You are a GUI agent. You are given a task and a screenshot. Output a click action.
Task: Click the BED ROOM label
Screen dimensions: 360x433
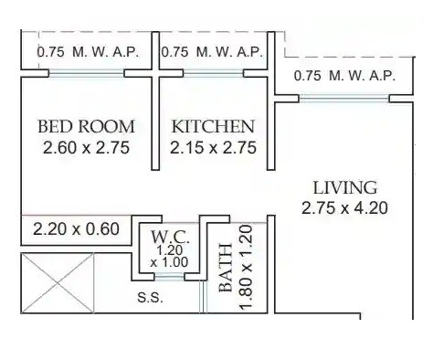pos(86,126)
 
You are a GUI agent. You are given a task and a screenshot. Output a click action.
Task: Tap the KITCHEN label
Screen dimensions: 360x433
pos(213,126)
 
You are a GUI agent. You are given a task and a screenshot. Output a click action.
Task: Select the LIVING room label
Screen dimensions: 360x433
pos(344,187)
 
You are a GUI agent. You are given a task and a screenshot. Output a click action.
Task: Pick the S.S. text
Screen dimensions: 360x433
pos(150,297)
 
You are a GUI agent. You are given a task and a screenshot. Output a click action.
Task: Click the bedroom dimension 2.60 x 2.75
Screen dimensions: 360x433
pos(86,147)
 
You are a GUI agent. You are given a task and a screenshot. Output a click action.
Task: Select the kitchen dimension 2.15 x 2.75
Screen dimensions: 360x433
pos(213,147)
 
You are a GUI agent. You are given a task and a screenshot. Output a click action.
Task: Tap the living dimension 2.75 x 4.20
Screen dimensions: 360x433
pos(344,208)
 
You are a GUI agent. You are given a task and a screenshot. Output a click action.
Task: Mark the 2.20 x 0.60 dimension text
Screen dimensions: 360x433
pos(76,228)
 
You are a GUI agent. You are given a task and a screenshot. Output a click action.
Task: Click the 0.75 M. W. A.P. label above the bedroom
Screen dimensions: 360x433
pos(88,52)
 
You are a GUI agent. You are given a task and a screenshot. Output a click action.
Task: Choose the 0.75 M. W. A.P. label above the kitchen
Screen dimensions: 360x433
pos(212,52)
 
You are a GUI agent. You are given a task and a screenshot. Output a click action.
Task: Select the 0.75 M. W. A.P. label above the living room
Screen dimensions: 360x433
pos(344,76)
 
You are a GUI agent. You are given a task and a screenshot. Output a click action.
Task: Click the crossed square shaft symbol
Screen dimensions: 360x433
pos(57,283)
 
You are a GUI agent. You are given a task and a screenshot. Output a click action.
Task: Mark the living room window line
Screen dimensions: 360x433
pos(344,98)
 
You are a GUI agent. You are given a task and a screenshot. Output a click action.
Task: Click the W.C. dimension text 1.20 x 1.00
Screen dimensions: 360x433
pos(171,255)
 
